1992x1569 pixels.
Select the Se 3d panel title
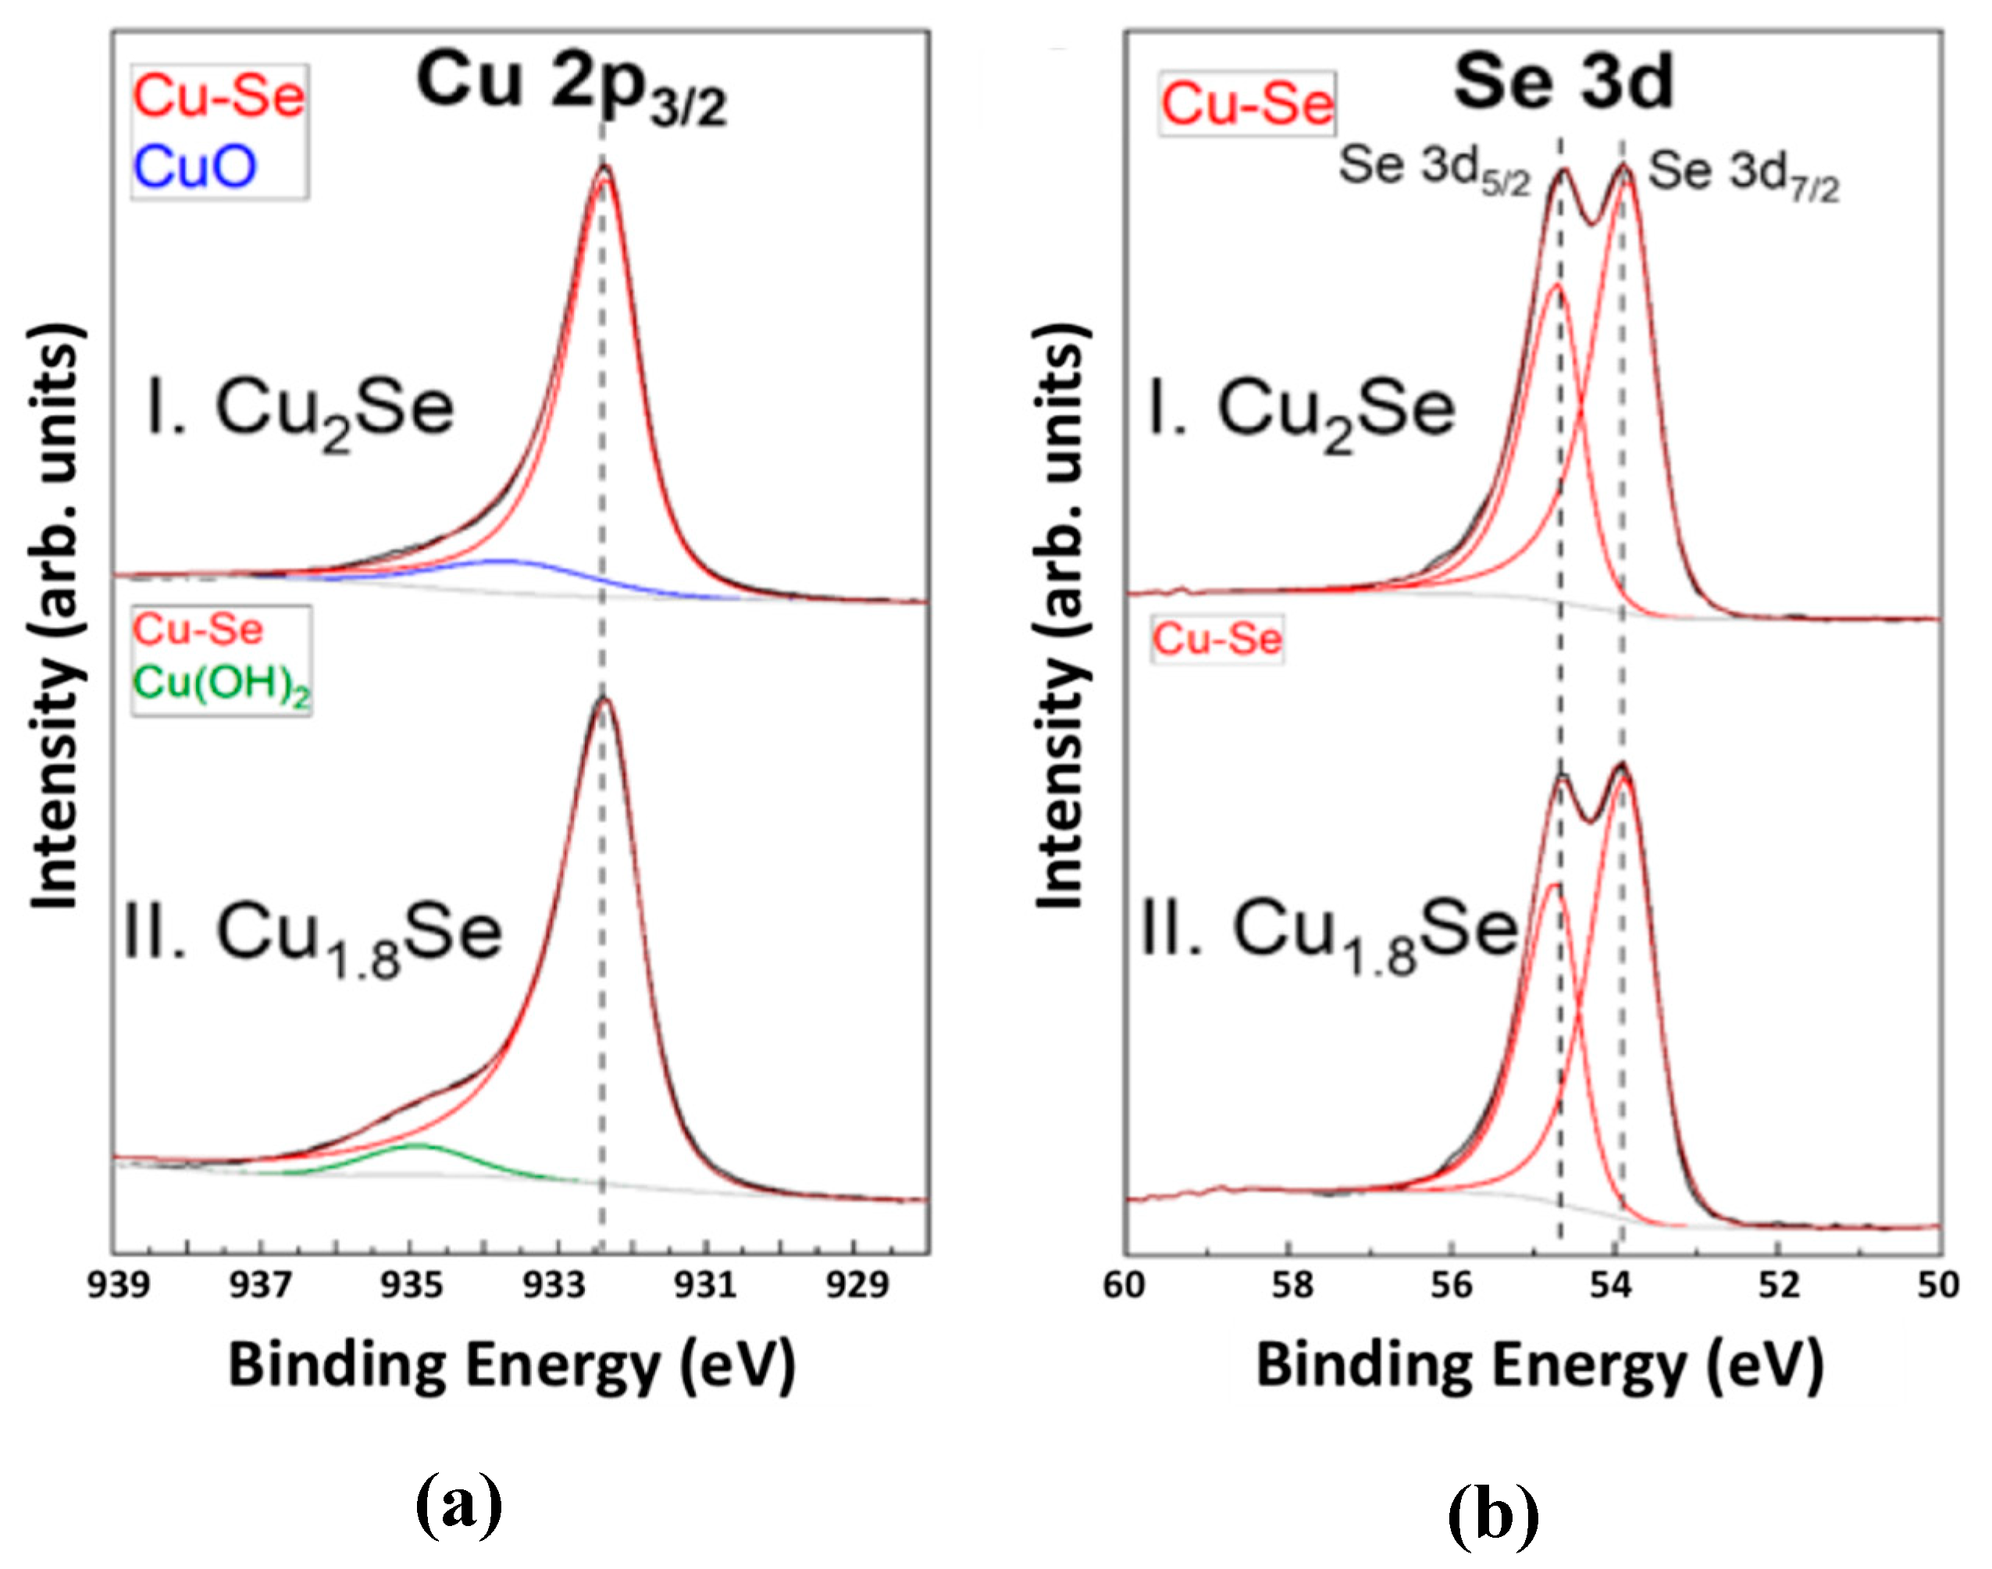(1563, 83)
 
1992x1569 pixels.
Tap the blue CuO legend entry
(194, 167)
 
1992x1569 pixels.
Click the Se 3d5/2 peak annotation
(1434, 171)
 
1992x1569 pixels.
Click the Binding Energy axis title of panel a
(511, 1365)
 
